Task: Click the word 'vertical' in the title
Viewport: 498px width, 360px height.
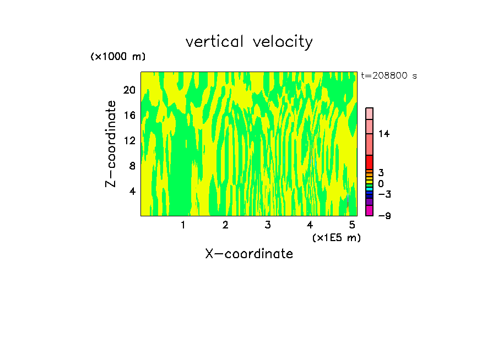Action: (215, 42)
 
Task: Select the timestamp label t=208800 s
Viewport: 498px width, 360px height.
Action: (389, 76)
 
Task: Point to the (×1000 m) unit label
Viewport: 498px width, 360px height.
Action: (117, 57)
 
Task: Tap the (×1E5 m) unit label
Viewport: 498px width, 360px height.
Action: (336, 237)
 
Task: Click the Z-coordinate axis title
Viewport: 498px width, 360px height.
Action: (111, 144)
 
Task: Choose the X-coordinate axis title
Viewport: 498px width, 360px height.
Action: (249, 254)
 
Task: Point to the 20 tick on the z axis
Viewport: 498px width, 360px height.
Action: (128, 90)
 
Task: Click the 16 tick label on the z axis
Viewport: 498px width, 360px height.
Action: (128, 115)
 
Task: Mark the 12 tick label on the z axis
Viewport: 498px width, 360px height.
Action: (128, 140)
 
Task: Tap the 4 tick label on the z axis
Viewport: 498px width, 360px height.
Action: (132, 191)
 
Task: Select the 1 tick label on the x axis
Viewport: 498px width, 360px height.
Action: (183, 225)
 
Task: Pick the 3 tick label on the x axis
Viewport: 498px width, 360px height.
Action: (268, 225)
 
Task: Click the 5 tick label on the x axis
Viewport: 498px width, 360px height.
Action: (353, 225)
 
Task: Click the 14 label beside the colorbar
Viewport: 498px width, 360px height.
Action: (384, 134)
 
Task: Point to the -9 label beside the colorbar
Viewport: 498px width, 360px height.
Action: (384, 216)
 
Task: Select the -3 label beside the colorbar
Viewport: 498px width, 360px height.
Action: (384, 194)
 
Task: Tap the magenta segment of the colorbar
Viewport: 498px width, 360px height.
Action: (369, 211)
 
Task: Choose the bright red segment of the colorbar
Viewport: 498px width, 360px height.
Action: (369, 162)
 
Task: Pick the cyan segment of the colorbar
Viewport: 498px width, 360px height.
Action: (369, 189)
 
